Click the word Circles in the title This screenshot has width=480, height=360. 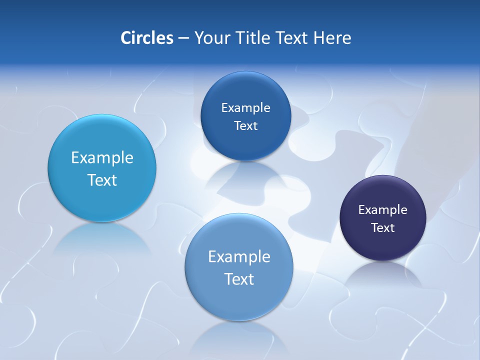(x=146, y=38)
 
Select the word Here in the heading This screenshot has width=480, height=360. (x=332, y=38)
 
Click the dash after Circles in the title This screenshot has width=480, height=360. (x=183, y=38)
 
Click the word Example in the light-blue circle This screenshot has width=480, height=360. (x=102, y=158)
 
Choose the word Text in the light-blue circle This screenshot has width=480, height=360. (x=102, y=180)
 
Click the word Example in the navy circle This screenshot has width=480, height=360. (x=383, y=210)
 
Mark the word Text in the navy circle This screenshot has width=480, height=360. (x=383, y=228)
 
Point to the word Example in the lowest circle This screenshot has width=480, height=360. (x=239, y=257)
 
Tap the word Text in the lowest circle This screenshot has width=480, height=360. (x=239, y=279)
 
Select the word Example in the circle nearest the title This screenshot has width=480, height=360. (x=245, y=108)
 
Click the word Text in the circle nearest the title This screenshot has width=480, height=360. (x=245, y=126)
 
